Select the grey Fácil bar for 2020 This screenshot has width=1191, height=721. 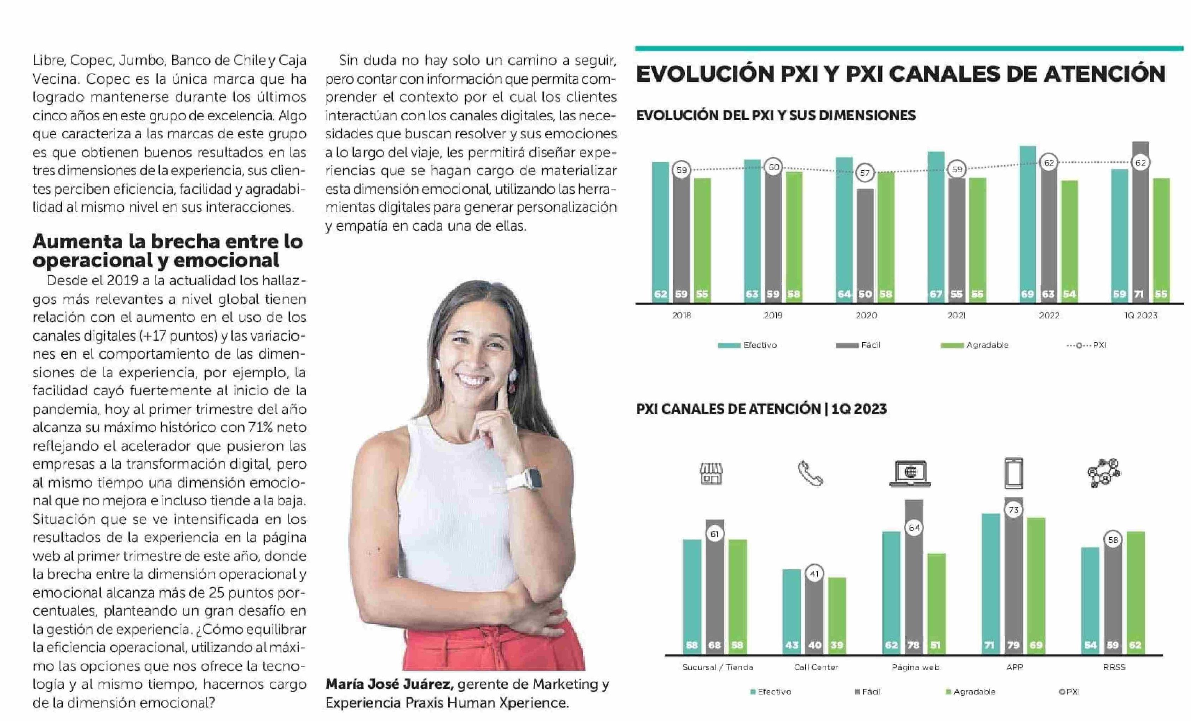point(865,242)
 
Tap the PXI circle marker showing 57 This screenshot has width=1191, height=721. point(865,173)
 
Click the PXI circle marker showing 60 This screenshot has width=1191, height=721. point(773,167)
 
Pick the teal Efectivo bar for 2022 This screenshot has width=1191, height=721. point(1028,223)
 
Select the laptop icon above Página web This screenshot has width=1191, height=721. point(910,473)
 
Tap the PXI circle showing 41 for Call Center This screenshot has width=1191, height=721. point(815,574)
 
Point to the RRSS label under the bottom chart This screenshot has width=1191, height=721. point(1114,667)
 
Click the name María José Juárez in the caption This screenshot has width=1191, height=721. point(389,684)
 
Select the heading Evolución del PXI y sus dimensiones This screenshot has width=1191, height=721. point(775,116)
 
